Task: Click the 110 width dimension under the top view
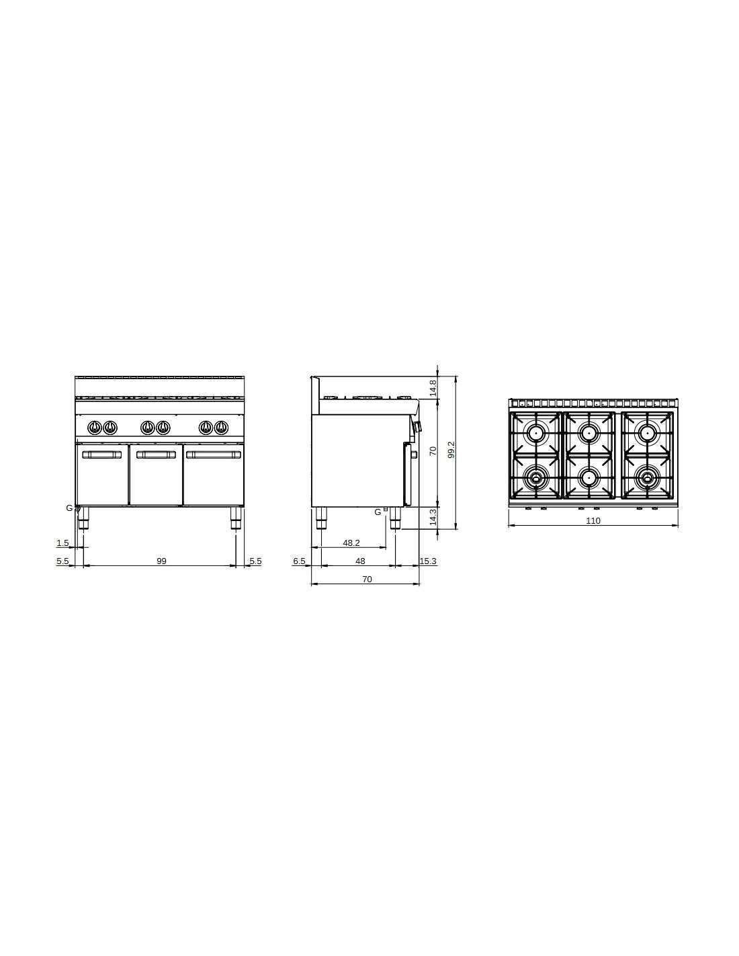pos(593,521)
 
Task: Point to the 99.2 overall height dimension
pos(451,450)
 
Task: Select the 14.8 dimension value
pos(433,388)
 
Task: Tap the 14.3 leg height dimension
pos(433,517)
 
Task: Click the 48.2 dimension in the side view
pos(351,543)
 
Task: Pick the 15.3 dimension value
pos(428,561)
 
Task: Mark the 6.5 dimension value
pos(299,561)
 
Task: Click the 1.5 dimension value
pos(63,543)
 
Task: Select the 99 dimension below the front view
pos(161,561)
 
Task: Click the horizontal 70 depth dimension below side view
pos(367,580)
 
